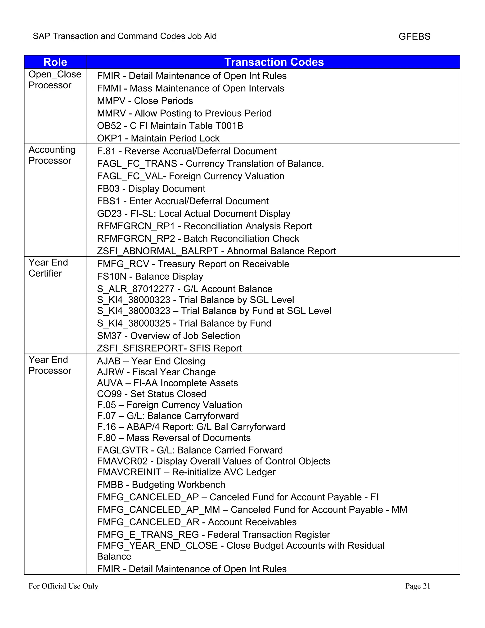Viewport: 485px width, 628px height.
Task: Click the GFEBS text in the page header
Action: tap(414, 36)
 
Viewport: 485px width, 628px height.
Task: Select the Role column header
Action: tap(55, 62)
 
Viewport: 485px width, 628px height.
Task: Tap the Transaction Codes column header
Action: tap(274, 62)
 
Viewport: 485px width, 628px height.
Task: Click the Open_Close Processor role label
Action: tap(55, 80)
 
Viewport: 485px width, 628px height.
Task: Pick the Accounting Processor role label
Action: tap(52, 155)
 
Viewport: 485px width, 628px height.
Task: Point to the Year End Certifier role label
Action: tap(48, 268)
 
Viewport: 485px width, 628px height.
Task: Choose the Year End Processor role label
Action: tap(50, 365)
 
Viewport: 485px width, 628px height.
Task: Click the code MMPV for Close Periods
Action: tap(111, 101)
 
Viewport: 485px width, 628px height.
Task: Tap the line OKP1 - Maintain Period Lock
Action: tap(158, 138)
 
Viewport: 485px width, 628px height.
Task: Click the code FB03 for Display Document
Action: tap(108, 189)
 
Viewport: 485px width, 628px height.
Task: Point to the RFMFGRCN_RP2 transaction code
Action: tap(136, 239)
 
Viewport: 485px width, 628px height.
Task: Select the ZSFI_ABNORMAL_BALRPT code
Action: tap(157, 251)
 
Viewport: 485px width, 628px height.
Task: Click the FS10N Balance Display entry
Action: tap(150, 277)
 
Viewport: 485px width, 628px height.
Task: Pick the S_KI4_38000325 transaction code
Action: tap(134, 323)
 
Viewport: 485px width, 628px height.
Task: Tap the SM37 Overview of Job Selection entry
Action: tap(168, 336)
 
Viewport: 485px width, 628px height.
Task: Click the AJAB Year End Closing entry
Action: tap(151, 361)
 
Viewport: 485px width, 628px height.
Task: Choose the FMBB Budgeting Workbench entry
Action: tap(161, 485)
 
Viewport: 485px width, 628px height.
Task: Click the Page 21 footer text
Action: tap(418, 586)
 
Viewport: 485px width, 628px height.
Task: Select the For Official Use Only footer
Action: tap(63, 586)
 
